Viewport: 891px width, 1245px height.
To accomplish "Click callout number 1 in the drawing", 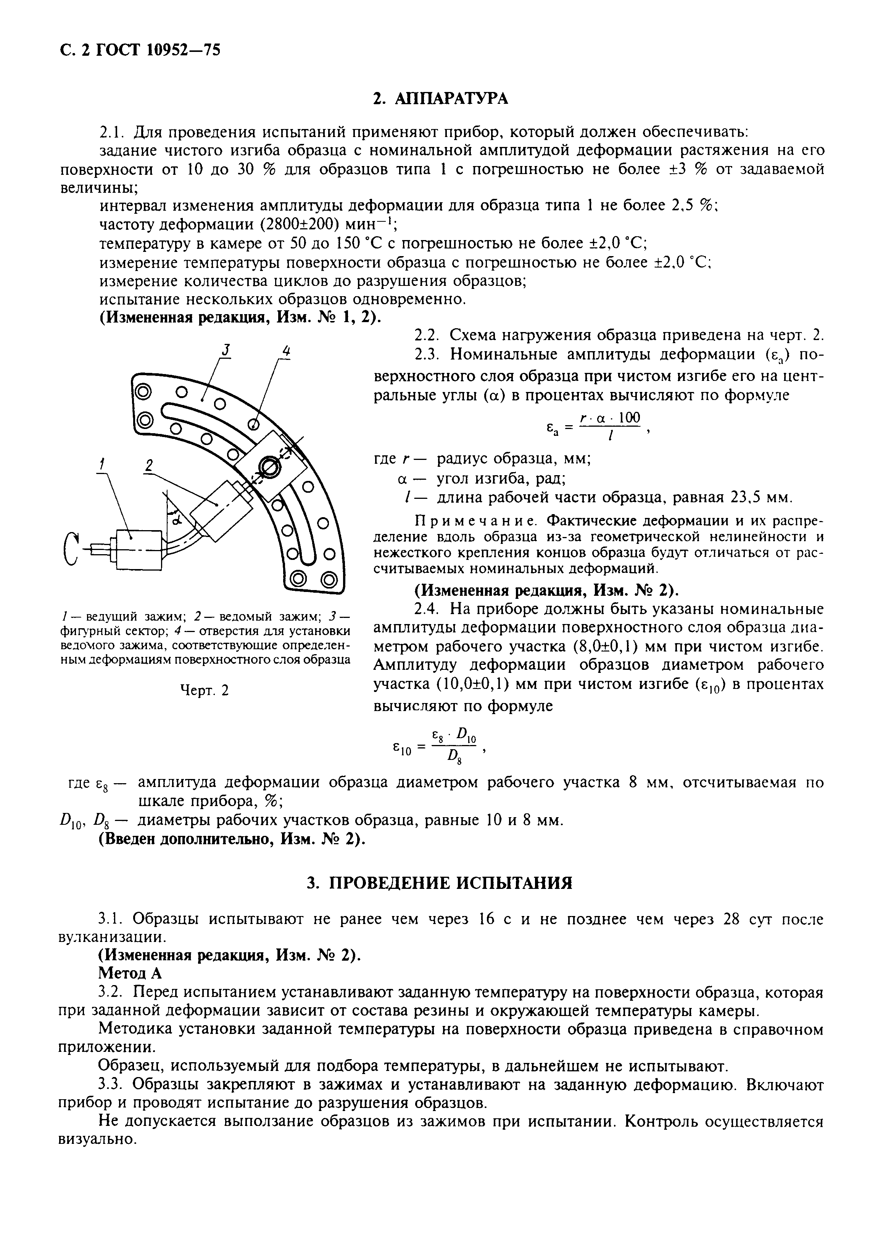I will [101, 465].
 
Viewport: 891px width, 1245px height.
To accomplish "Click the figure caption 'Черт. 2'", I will [204, 690].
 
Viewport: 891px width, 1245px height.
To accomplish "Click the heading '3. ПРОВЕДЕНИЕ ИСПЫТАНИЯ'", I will [440, 883].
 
